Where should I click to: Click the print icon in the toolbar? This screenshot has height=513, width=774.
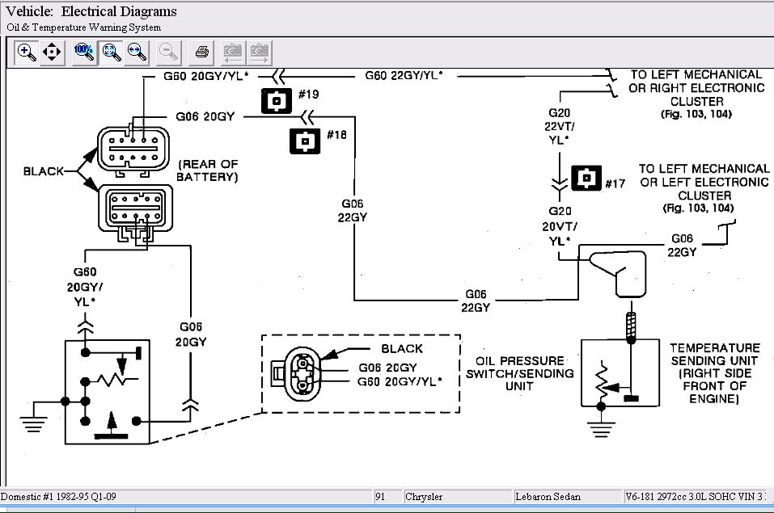coord(202,53)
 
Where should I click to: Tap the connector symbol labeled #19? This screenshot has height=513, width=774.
coord(277,101)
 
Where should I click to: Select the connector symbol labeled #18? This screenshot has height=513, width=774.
coord(305,141)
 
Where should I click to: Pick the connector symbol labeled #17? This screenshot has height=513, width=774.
coord(586,179)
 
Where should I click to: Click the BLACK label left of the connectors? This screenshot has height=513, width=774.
coord(44,171)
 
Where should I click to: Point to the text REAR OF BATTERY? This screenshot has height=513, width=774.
coord(208,170)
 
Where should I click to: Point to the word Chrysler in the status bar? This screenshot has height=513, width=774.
coord(425,496)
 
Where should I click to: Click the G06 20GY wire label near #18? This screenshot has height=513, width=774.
coord(205,116)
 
